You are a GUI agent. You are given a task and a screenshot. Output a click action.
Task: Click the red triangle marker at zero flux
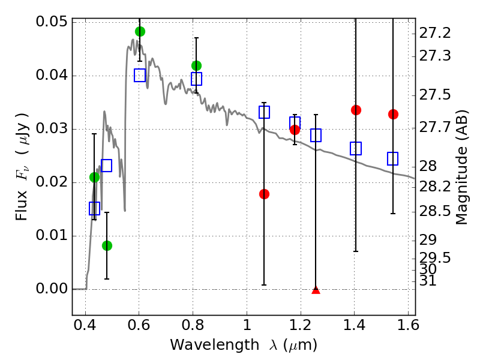(x=316, y=290)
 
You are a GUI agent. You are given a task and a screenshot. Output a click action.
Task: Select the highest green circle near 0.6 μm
(x=140, y=31)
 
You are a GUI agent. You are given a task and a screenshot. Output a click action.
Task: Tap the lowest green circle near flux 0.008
(x=107, y=245)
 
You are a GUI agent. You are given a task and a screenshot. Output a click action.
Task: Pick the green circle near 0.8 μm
(x=196, y=65)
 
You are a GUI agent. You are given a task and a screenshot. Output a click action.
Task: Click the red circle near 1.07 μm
(x=264, y=194)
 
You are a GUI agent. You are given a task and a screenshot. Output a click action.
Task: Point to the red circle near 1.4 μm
(x=356, y=110)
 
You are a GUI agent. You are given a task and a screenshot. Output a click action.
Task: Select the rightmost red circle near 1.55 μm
(x=393, y=114)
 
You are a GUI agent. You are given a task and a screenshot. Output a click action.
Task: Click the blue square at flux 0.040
(x=140, y=75)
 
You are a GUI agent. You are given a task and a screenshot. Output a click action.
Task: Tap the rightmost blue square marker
(x=393, y=158)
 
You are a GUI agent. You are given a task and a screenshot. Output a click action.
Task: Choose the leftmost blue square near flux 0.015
(x=94, y=208)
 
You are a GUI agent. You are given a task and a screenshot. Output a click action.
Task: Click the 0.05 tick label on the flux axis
(x=52, y=22)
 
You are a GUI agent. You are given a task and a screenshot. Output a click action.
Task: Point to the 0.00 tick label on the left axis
(x=52, y=289)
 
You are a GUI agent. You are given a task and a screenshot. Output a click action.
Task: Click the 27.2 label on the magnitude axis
(x=434, y=32)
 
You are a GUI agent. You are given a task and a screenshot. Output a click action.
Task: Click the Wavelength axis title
(x=243, y=345)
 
